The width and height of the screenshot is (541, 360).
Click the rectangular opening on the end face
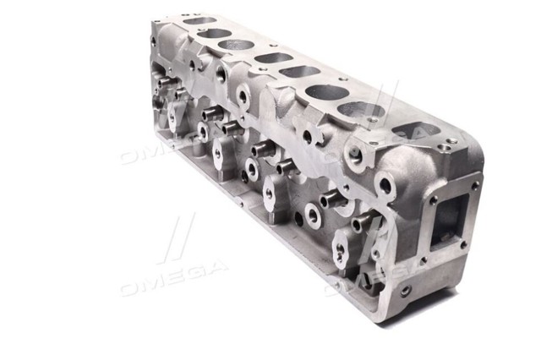[x=451, y=218]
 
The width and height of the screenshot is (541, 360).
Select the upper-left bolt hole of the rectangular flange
[x=433, y=199]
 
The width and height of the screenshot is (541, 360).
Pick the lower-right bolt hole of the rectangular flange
[x=464, y=245]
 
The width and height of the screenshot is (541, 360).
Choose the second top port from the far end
[x=214, y=34]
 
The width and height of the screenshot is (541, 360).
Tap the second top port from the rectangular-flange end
[x=361, y=110]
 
